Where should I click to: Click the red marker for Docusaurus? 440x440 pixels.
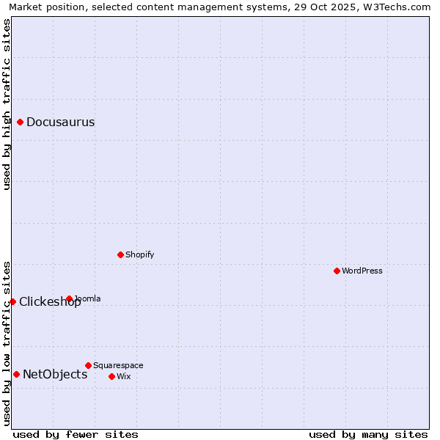tap(21, 122)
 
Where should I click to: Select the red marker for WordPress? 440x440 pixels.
tap(337, 271)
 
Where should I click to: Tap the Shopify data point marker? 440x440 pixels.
tap(121, 254)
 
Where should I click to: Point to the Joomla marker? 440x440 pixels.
tap(69, 298)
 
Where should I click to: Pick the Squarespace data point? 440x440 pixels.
tap(88, 365)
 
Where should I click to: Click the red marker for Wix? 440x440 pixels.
tap(111, 376)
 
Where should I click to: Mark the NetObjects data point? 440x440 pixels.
tap(16, 374)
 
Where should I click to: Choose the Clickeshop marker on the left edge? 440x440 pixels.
tap(12, 301)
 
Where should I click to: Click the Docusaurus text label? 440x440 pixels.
tap(60, 122)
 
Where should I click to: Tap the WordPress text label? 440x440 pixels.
tap(362, 271)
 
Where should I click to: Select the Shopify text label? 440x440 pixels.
tap(139, 254)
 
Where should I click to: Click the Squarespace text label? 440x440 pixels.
tap(118, 365)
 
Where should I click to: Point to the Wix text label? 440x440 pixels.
tap(123, 376)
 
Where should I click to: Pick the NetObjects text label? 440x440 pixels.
tap(55, 374)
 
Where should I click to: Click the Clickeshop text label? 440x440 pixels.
tap(50, 301)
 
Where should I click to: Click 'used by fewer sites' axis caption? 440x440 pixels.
tap(76, 434)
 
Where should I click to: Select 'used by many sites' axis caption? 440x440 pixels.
tap(368, 434)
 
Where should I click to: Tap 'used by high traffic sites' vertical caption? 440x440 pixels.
tap(7, 104)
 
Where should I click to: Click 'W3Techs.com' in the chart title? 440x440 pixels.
tap(400, 7)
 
